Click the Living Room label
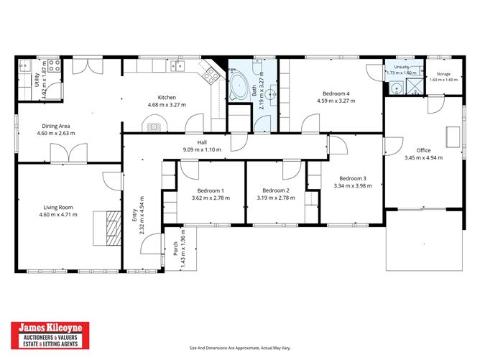[x=58, y=207]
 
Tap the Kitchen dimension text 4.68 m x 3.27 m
[x=167, y=105]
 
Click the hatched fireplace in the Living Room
[x=114, y=228]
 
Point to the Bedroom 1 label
[x=211, y=190]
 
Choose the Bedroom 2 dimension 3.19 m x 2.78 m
[x=276, y=198]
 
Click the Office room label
[x=424, y=150]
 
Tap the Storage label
[x=443, y=74]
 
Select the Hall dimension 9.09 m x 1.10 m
[x=202, y=149]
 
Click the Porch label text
[x=176, y=249]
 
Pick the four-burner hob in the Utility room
[x=54, y=65]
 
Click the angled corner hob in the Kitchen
[x=211, y=75]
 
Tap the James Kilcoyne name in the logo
[x=50, y=328]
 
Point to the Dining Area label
[x=56, y=126]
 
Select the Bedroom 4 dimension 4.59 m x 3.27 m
[x=336, y=101]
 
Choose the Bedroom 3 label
[x=353, y=178]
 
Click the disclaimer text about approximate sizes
[x=240, y=348]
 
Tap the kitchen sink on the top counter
[x=177, y=65]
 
